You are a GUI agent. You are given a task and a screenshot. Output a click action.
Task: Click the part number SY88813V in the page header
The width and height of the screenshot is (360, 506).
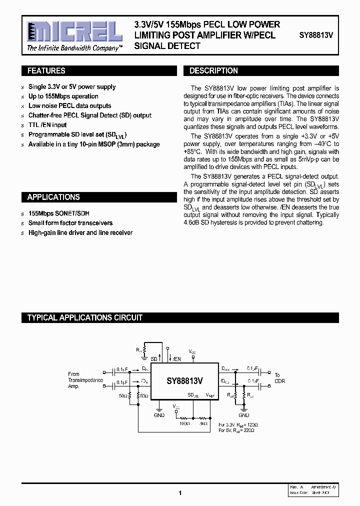pos(316,35)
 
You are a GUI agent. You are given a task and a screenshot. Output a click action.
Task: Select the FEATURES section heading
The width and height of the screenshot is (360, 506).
pos(46,71)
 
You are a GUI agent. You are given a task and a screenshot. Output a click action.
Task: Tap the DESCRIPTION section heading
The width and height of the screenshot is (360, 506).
pos(213,71)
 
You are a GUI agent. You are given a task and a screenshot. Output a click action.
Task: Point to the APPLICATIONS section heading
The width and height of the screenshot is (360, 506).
pos(53,197)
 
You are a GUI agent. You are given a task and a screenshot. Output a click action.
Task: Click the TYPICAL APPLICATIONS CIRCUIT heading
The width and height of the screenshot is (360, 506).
pos(85,317)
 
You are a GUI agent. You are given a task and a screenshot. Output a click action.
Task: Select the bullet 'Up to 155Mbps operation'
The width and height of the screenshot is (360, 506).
pos(63,96)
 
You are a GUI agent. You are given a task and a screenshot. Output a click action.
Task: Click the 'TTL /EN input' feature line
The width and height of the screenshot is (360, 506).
pos(47,125)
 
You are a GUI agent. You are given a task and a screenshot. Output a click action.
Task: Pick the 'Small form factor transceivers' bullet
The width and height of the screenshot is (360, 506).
pos(70,223)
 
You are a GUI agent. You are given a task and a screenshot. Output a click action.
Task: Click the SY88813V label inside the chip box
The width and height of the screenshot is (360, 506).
pos(184,380)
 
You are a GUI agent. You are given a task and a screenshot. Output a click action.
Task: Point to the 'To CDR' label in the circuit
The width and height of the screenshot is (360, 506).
pos(278,378)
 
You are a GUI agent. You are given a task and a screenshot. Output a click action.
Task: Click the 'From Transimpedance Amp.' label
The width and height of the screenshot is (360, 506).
pos(85,380)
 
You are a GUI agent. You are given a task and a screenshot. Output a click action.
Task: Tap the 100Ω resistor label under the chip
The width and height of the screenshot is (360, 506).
pos(184,423)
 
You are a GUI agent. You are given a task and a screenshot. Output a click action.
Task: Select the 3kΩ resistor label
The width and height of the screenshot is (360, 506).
pos(203,423)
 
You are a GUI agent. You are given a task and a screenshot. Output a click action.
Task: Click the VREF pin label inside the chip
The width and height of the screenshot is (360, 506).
pos(210,395)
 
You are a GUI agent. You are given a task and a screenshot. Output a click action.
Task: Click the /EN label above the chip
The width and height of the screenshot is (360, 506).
pos(176,358)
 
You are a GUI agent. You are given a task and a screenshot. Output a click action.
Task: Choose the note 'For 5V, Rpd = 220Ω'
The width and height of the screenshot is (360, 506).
pos(238,430)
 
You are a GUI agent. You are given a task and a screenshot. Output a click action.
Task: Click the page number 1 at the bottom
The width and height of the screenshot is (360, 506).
pos(180,493)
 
